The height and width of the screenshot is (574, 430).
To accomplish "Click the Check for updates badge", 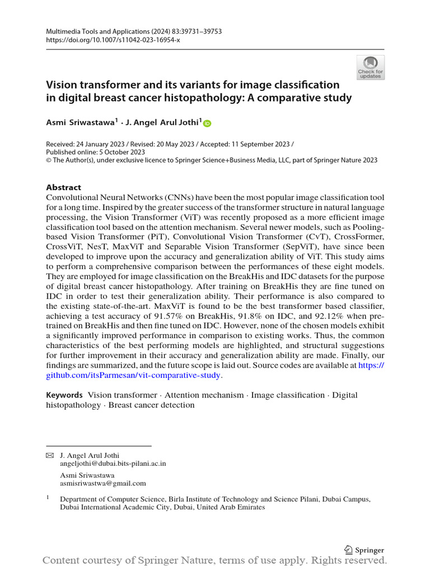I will (x=370, y=67).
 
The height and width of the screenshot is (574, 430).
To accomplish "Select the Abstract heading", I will (x=63, y=187).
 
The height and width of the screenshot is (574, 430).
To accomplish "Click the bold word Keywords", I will (x=64, y=395).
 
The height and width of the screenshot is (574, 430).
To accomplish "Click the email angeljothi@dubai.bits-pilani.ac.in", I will (x=113, y=464).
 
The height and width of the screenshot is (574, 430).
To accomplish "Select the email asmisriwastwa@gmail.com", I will (x=103, y=483).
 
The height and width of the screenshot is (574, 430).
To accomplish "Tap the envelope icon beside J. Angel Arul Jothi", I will (x=49, y=455).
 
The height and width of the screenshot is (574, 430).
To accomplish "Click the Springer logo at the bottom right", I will (x=364, y=550).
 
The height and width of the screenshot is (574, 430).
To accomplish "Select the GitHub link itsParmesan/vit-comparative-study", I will (x=137, y=376).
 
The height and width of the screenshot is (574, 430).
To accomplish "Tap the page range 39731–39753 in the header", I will (x=199, y=32).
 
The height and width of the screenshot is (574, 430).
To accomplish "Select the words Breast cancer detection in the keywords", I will (x=151, y=405).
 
